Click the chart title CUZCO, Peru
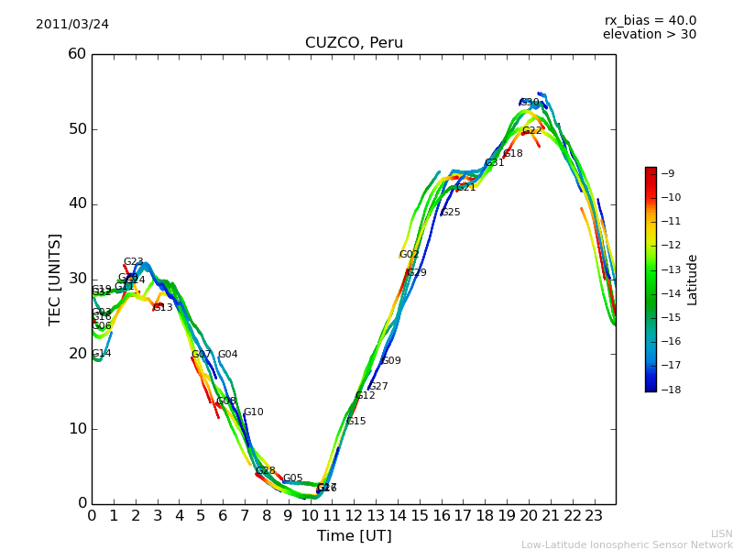pos(354,43)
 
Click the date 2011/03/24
pos(72,24)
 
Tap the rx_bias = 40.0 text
pos(650,20)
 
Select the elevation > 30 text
pos(649,35)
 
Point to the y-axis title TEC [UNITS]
pos(55,279)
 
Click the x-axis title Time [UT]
pos(354,536)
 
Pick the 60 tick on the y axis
pos(77,54)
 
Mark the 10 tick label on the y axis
pos(77,429)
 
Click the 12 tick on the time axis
pos(354,516)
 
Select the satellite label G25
pos(450,213)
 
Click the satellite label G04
pos(227,355)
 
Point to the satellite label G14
pos(101,354)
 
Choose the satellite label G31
pos(494,163)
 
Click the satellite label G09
pos(391,361)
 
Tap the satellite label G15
pos(356,422)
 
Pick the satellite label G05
pos(292,478)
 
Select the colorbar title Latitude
pos(693,280)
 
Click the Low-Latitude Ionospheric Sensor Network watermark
pos(627,545)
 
